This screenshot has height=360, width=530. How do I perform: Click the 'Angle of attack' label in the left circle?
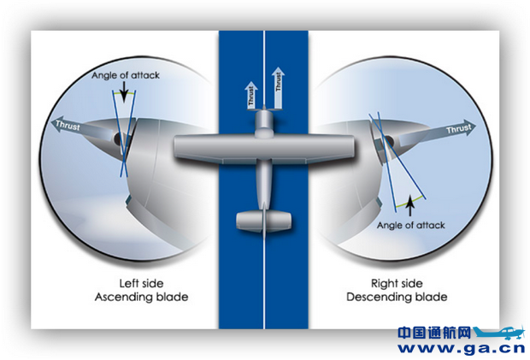(x=126, y=75)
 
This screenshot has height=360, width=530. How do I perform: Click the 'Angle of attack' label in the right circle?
(x=410, y=224)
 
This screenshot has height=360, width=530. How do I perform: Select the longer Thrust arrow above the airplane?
(x=278, y=88)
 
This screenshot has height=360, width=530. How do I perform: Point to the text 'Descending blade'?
(x=397, y=297)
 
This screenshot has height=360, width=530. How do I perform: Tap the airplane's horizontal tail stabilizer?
(x=264, y=221)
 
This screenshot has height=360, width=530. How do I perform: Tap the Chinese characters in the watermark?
(x=433, y=332)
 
